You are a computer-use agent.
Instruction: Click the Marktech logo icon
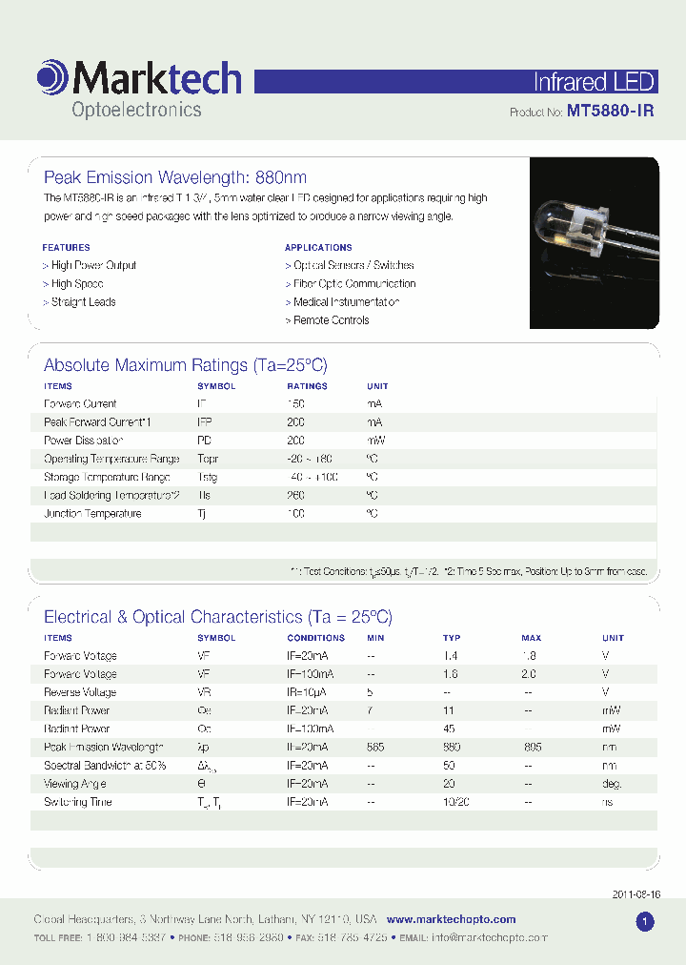point(52,77)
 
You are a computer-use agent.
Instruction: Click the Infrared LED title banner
point(594,81)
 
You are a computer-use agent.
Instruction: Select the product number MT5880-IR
point(610,112)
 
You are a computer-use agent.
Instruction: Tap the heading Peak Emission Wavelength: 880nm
point(175,177)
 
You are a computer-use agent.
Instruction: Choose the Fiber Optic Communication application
point(351,283)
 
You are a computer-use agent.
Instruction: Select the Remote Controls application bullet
point(327,320)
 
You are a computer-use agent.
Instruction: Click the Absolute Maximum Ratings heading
point(186,365)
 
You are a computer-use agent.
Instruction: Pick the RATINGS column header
point(307,386)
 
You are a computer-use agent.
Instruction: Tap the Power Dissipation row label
point(84,441)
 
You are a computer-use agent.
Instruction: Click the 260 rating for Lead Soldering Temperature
point(296,495)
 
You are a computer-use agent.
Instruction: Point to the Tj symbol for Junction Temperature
point(202,514)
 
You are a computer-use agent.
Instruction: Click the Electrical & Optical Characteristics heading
point(218,617)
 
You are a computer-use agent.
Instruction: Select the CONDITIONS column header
point(315,638)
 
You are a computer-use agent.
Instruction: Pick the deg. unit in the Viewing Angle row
point(612,784)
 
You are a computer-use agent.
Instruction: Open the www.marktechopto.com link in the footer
point(451,919)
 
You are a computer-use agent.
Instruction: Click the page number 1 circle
point(644,922)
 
